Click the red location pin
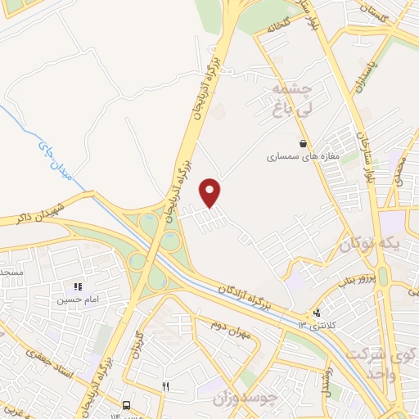point(211,193)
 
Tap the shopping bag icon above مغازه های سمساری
point(304,143)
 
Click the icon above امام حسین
point(78,286)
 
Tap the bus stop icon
point(126,404)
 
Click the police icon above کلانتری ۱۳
point(318,312)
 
